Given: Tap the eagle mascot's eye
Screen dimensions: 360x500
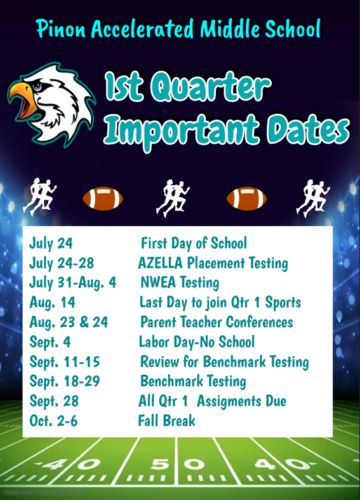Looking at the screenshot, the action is pos(37,86).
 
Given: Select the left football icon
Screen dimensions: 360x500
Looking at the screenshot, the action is pos(103,198).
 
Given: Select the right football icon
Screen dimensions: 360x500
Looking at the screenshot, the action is pos(246,198).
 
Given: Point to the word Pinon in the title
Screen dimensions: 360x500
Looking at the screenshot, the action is pos(61,29).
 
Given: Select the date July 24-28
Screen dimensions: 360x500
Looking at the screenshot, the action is pos(62,264).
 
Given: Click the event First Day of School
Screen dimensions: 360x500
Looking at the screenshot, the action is pos(194,243).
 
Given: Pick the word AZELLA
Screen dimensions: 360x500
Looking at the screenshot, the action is pos(160,263).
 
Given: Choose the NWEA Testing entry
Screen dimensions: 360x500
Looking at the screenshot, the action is pos(180,283).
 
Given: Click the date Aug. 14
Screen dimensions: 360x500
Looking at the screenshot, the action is pos(52,302).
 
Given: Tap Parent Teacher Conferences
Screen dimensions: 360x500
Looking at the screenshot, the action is pos(217,322).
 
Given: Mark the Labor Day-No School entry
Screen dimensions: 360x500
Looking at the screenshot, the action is pos(197,342).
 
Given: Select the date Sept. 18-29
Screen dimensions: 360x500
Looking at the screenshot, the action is pos(65,381).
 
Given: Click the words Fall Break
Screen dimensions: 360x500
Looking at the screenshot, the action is pos(166,421).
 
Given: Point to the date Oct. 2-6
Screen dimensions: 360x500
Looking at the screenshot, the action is pos(53,421).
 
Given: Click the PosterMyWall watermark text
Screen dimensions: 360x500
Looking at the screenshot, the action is pos(45,492).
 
